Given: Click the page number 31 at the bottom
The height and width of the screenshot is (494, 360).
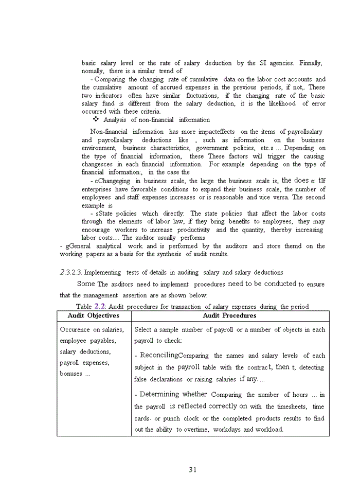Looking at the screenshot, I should (x=193, y=469).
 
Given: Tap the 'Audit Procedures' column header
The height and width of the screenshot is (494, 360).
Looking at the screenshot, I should (x=229, y=315).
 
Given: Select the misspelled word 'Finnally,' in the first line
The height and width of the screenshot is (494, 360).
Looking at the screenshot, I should (x=310, y=63).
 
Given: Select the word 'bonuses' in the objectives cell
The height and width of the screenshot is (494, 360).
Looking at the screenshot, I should (x=71, y=374).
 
